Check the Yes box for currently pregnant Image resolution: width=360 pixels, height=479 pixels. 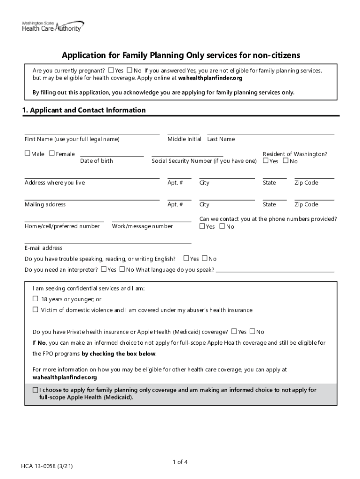[x=111, y=70]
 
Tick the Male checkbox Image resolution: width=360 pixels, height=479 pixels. [x=27, y=153]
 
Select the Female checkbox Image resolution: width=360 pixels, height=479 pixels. [x=51, y=153]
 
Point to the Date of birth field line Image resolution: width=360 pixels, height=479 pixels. [x=112, y=155]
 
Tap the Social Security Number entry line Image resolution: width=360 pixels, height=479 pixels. [x=187, y=155]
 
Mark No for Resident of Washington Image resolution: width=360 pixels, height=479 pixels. [x=286, y=161]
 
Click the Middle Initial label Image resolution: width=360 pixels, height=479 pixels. [x=184, y=139]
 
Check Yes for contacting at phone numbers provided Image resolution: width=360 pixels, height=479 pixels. [x=202, y=226]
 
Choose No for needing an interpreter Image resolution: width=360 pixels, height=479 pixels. [x=122, y=269]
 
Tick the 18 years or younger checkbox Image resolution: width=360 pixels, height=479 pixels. [x=35, y=299]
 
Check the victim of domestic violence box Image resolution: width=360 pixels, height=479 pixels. [x=35, y=310]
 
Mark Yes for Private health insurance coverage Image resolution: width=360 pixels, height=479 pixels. [x=234, y=332]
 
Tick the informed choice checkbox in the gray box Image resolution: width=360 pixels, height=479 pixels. [x=36, y=390]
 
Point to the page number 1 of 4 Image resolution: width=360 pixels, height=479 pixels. [x=180, y=462]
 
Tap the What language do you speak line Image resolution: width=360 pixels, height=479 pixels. [x=275, y=270]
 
